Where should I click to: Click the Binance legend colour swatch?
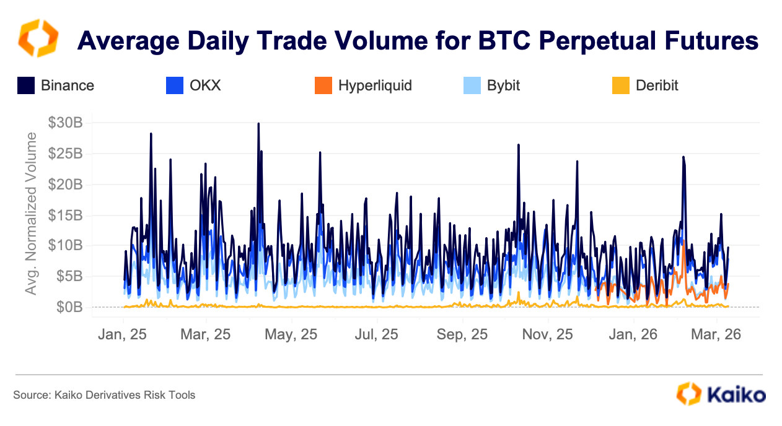coord(25,85)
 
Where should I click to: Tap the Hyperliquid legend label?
coord(375,85)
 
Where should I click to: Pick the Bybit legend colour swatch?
coord(472,85)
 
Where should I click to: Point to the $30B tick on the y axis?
coord(65,123)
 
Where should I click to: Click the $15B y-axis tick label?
coord(65,215)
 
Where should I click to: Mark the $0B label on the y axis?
coord(69,307)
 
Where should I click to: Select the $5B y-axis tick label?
coord(69,276)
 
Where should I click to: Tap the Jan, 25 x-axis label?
coord(123,334)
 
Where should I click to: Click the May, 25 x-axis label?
coord(291,334)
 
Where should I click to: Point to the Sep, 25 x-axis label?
coord(462,334)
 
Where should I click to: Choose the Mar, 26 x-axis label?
coord(716,334)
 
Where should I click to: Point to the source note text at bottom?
coord(104,394)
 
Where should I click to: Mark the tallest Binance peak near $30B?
coord(258,124)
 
